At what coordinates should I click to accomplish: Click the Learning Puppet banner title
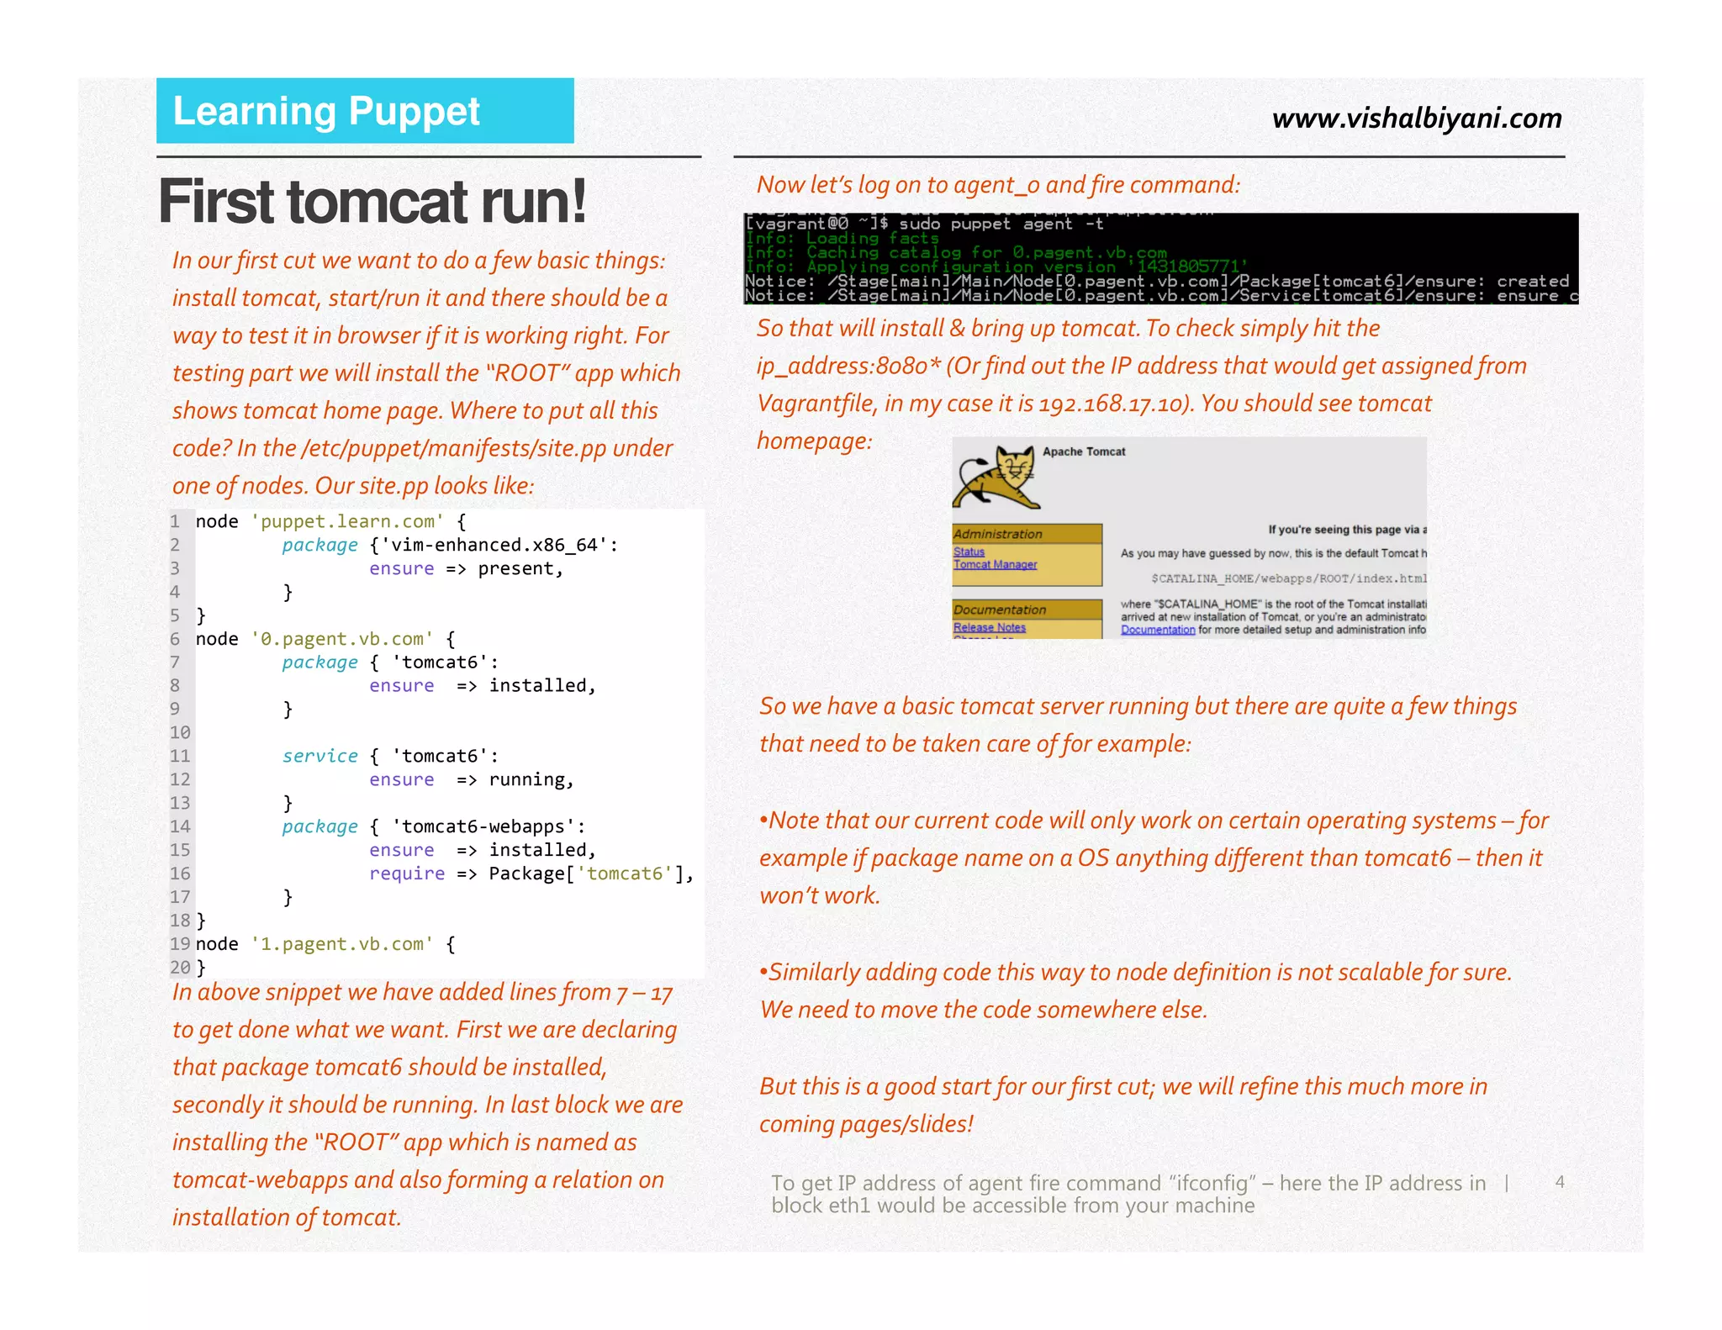tap(326, 112)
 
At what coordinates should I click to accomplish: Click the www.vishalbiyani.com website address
tap(1417, 119)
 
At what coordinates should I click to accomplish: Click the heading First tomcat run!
tap(372, 203)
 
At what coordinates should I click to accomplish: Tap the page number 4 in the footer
tap(1560, 1182)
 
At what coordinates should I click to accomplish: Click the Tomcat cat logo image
tap(997, 478)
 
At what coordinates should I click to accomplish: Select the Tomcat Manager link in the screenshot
tap(995, 565)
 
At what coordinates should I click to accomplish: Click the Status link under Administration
tap(969, 552)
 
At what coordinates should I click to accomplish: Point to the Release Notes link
tap(989, 628)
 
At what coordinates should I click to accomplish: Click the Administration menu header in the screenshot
tap(998, 534)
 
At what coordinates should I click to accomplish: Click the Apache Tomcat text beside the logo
tap(1083, 451)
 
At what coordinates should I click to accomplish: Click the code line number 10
tap(180, 732)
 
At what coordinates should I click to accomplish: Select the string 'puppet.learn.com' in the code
tap(347, 521)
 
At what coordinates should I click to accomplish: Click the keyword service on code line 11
tap(320, 756)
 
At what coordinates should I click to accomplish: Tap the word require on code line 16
tap(406, 873)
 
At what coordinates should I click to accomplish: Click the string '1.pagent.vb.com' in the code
tap(342, 944)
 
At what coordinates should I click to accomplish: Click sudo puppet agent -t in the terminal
tap(1001, 224)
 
